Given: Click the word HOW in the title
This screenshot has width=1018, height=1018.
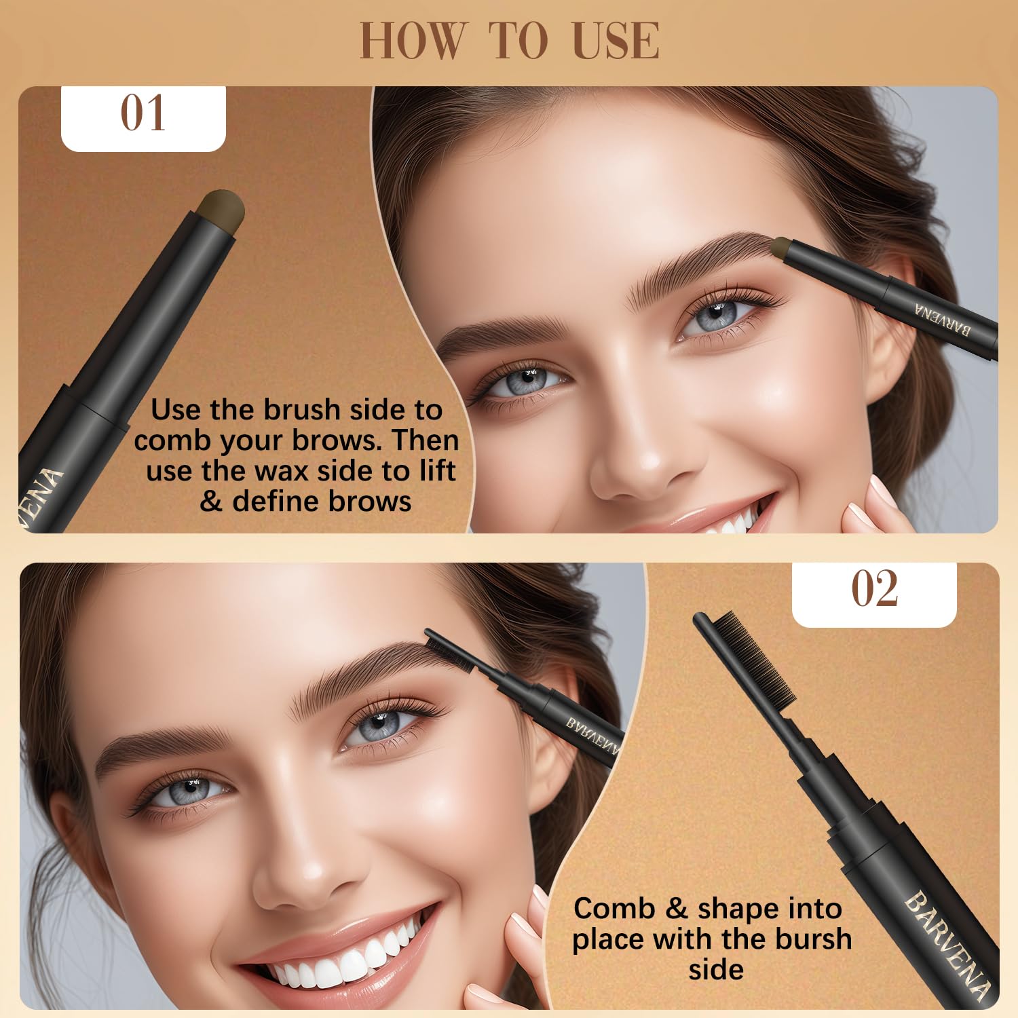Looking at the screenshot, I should point(412,41).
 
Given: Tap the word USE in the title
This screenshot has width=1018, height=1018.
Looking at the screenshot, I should point(615,41).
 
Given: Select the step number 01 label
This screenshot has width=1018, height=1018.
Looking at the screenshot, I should point(143,113).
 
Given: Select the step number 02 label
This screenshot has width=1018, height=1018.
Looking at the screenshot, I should point(874,588).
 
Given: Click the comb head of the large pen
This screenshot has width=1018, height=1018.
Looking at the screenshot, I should point(747,652).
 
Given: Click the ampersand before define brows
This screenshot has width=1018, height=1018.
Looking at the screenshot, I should point(211,502).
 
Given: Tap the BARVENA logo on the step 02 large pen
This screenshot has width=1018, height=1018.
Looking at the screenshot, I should point(947,943).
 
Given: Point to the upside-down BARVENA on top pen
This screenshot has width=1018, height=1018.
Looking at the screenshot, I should point(943,319).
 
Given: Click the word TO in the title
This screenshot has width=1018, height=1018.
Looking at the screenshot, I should point(519,41).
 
